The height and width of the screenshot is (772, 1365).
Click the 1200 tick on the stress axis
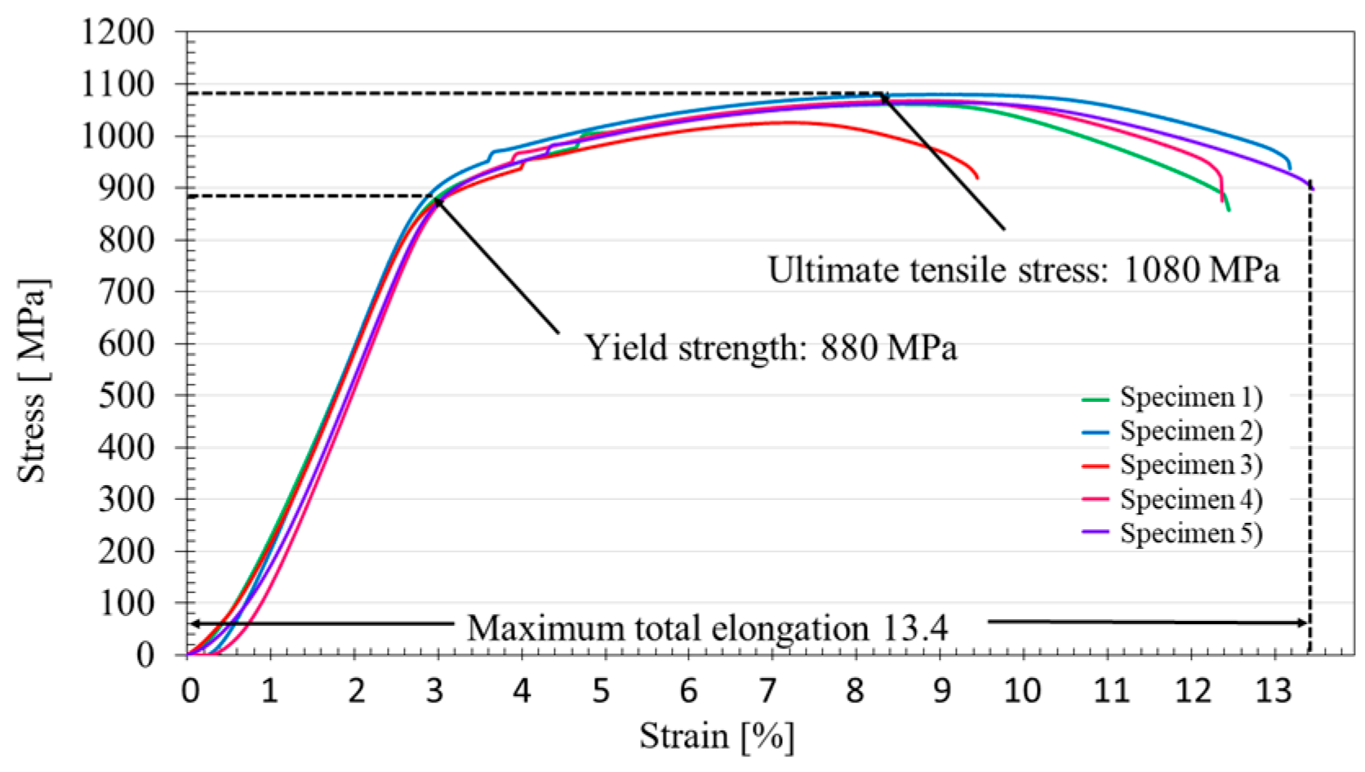[118, 33]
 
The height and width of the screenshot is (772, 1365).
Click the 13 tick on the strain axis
[1272, 691]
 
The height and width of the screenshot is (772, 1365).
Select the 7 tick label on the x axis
[768, 691]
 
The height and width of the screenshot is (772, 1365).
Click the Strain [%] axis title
[716, 736]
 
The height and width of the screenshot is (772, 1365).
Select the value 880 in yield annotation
[849, 349]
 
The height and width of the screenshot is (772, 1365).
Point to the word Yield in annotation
[620, 349]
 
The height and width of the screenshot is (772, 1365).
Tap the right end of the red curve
[977, 177]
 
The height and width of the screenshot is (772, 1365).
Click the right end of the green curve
[1229, 210]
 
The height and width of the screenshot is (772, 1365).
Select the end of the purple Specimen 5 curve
[1313, 189]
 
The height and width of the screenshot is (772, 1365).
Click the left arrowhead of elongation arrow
[193, 624]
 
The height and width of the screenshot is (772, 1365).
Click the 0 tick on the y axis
[145, 655]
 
